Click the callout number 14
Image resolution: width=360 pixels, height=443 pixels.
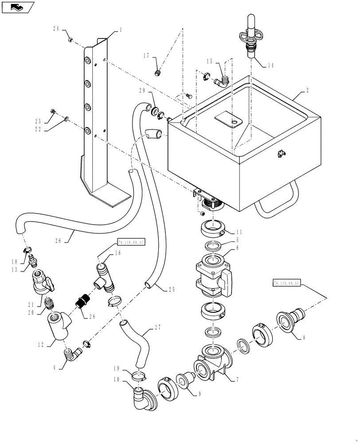pos(270,65)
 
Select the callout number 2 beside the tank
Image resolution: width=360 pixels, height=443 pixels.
pos(307,91)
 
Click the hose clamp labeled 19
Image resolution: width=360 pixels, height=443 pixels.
pos(139,377)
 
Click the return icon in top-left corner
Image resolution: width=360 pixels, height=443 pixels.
pos(17,7)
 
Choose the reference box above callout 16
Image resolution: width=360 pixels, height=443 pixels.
pos(132,242)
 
